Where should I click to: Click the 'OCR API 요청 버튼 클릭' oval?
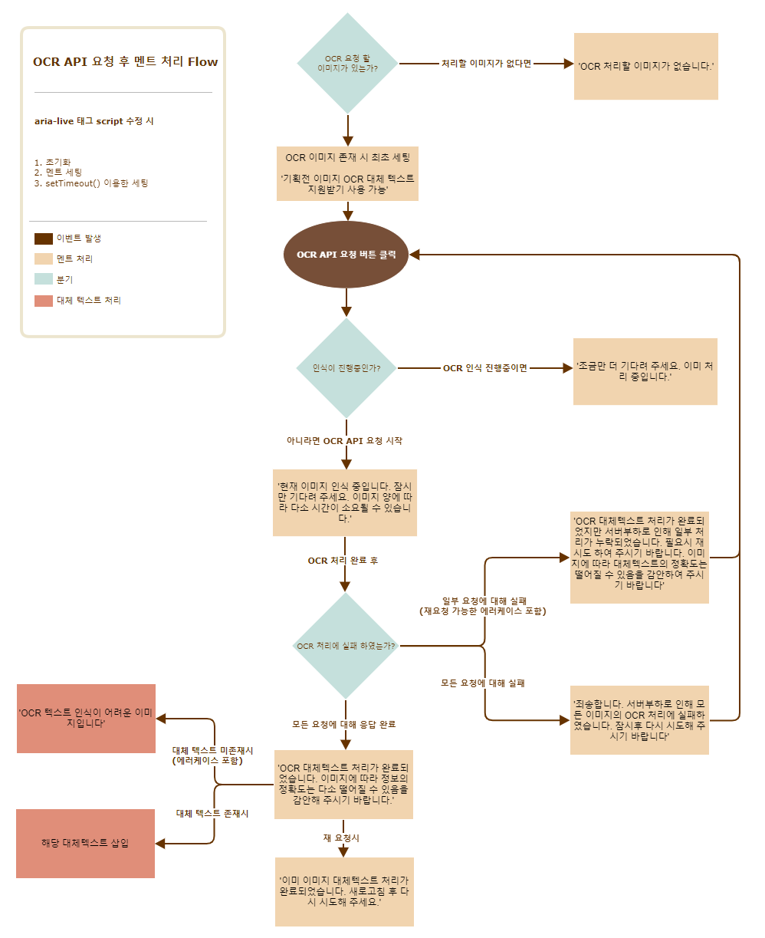click(346, 255)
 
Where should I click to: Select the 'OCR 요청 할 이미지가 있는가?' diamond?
click(347, 63)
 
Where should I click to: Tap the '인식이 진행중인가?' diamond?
click(346, 368)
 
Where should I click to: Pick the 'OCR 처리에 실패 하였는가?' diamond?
click(346, 646)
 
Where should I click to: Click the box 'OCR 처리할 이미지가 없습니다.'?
click(645, 66)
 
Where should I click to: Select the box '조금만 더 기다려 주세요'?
click(645, 371)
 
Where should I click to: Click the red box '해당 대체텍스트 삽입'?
click(85, 843)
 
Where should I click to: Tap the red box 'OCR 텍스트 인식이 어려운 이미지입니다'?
click(86, 718)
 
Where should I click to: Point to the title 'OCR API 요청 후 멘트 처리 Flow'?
click(125, 62)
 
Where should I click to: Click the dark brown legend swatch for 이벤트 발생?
click(44, 239)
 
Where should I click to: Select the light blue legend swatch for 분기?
click(44, 280)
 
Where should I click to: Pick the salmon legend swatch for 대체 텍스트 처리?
click(44, 301)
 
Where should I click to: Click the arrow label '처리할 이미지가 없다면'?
click(486, 64)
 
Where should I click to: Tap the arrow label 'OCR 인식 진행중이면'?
click(485, 368)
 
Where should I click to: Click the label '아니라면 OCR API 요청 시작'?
click(344, 441)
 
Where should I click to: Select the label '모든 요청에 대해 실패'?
click(482, 683)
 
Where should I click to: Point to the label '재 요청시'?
click(341, 838)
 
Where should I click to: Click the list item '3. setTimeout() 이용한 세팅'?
click(91, 183)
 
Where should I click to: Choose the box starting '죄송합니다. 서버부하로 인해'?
click(639, 720)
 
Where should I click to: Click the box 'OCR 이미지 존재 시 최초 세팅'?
click(347, 173)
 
